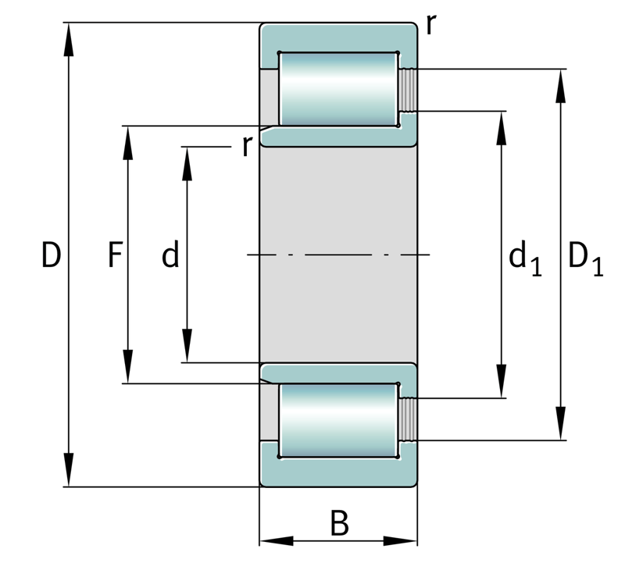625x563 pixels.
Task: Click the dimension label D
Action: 52,255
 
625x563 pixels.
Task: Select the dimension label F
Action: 115,255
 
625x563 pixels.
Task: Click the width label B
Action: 340,523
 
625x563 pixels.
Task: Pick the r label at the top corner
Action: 431,25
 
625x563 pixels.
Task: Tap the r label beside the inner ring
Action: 247,146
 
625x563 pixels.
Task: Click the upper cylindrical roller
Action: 338,89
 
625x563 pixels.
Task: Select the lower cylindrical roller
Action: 338,420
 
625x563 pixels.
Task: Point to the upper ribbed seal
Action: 408,90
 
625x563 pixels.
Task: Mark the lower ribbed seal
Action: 408,419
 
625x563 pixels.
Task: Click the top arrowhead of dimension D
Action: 69,39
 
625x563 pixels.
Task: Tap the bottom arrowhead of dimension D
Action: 69,470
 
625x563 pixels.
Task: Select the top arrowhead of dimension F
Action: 127,143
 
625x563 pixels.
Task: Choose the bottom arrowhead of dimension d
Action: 187,346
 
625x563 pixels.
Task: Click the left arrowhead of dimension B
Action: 277,541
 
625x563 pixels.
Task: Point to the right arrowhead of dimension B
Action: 401,541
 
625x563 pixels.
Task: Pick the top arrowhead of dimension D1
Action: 561,86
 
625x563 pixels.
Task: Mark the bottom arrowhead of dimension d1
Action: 502,381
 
